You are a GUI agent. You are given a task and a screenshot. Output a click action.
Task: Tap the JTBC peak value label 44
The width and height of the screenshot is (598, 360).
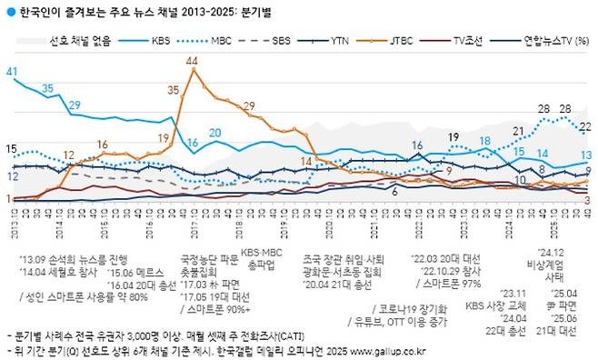click(192, 60)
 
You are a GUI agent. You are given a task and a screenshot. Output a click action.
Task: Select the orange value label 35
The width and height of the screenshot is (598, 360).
click(174, 89)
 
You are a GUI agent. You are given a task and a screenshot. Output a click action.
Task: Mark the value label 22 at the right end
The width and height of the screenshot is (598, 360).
click(586, 126)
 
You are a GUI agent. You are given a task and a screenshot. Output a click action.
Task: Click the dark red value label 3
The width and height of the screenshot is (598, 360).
click(588, 199)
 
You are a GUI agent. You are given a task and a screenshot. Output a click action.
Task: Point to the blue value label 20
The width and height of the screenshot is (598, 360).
click(215, 133)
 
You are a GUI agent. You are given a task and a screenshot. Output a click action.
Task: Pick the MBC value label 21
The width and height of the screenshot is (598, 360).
click(519, 131)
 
